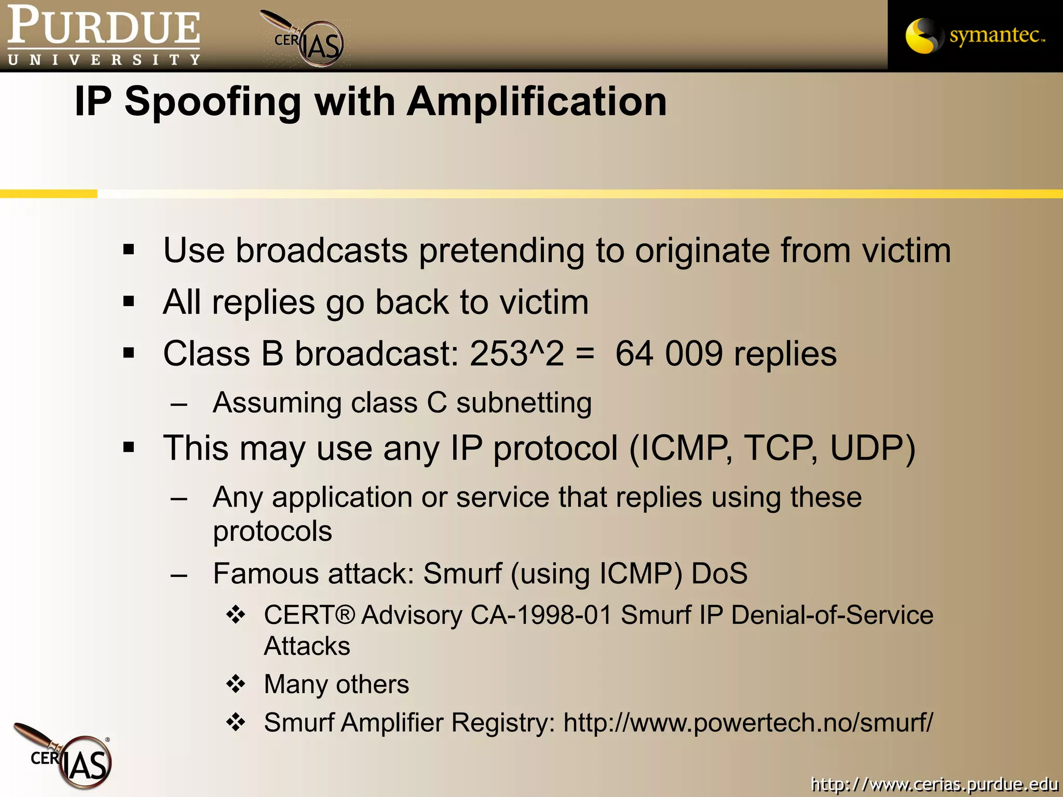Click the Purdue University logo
(103, 35)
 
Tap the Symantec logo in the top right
(975, 35)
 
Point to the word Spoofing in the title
(213, 102)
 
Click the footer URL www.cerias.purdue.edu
(934, 784)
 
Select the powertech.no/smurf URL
(748, 723)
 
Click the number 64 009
(669, 354)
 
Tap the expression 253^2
(516, 354)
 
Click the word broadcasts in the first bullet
(322, 251)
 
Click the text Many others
(336, 684)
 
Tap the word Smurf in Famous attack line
(462, 574)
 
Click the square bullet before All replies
(129, 301)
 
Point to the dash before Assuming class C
(179, 404)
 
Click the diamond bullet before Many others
(236, 684)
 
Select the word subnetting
(524, 403)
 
